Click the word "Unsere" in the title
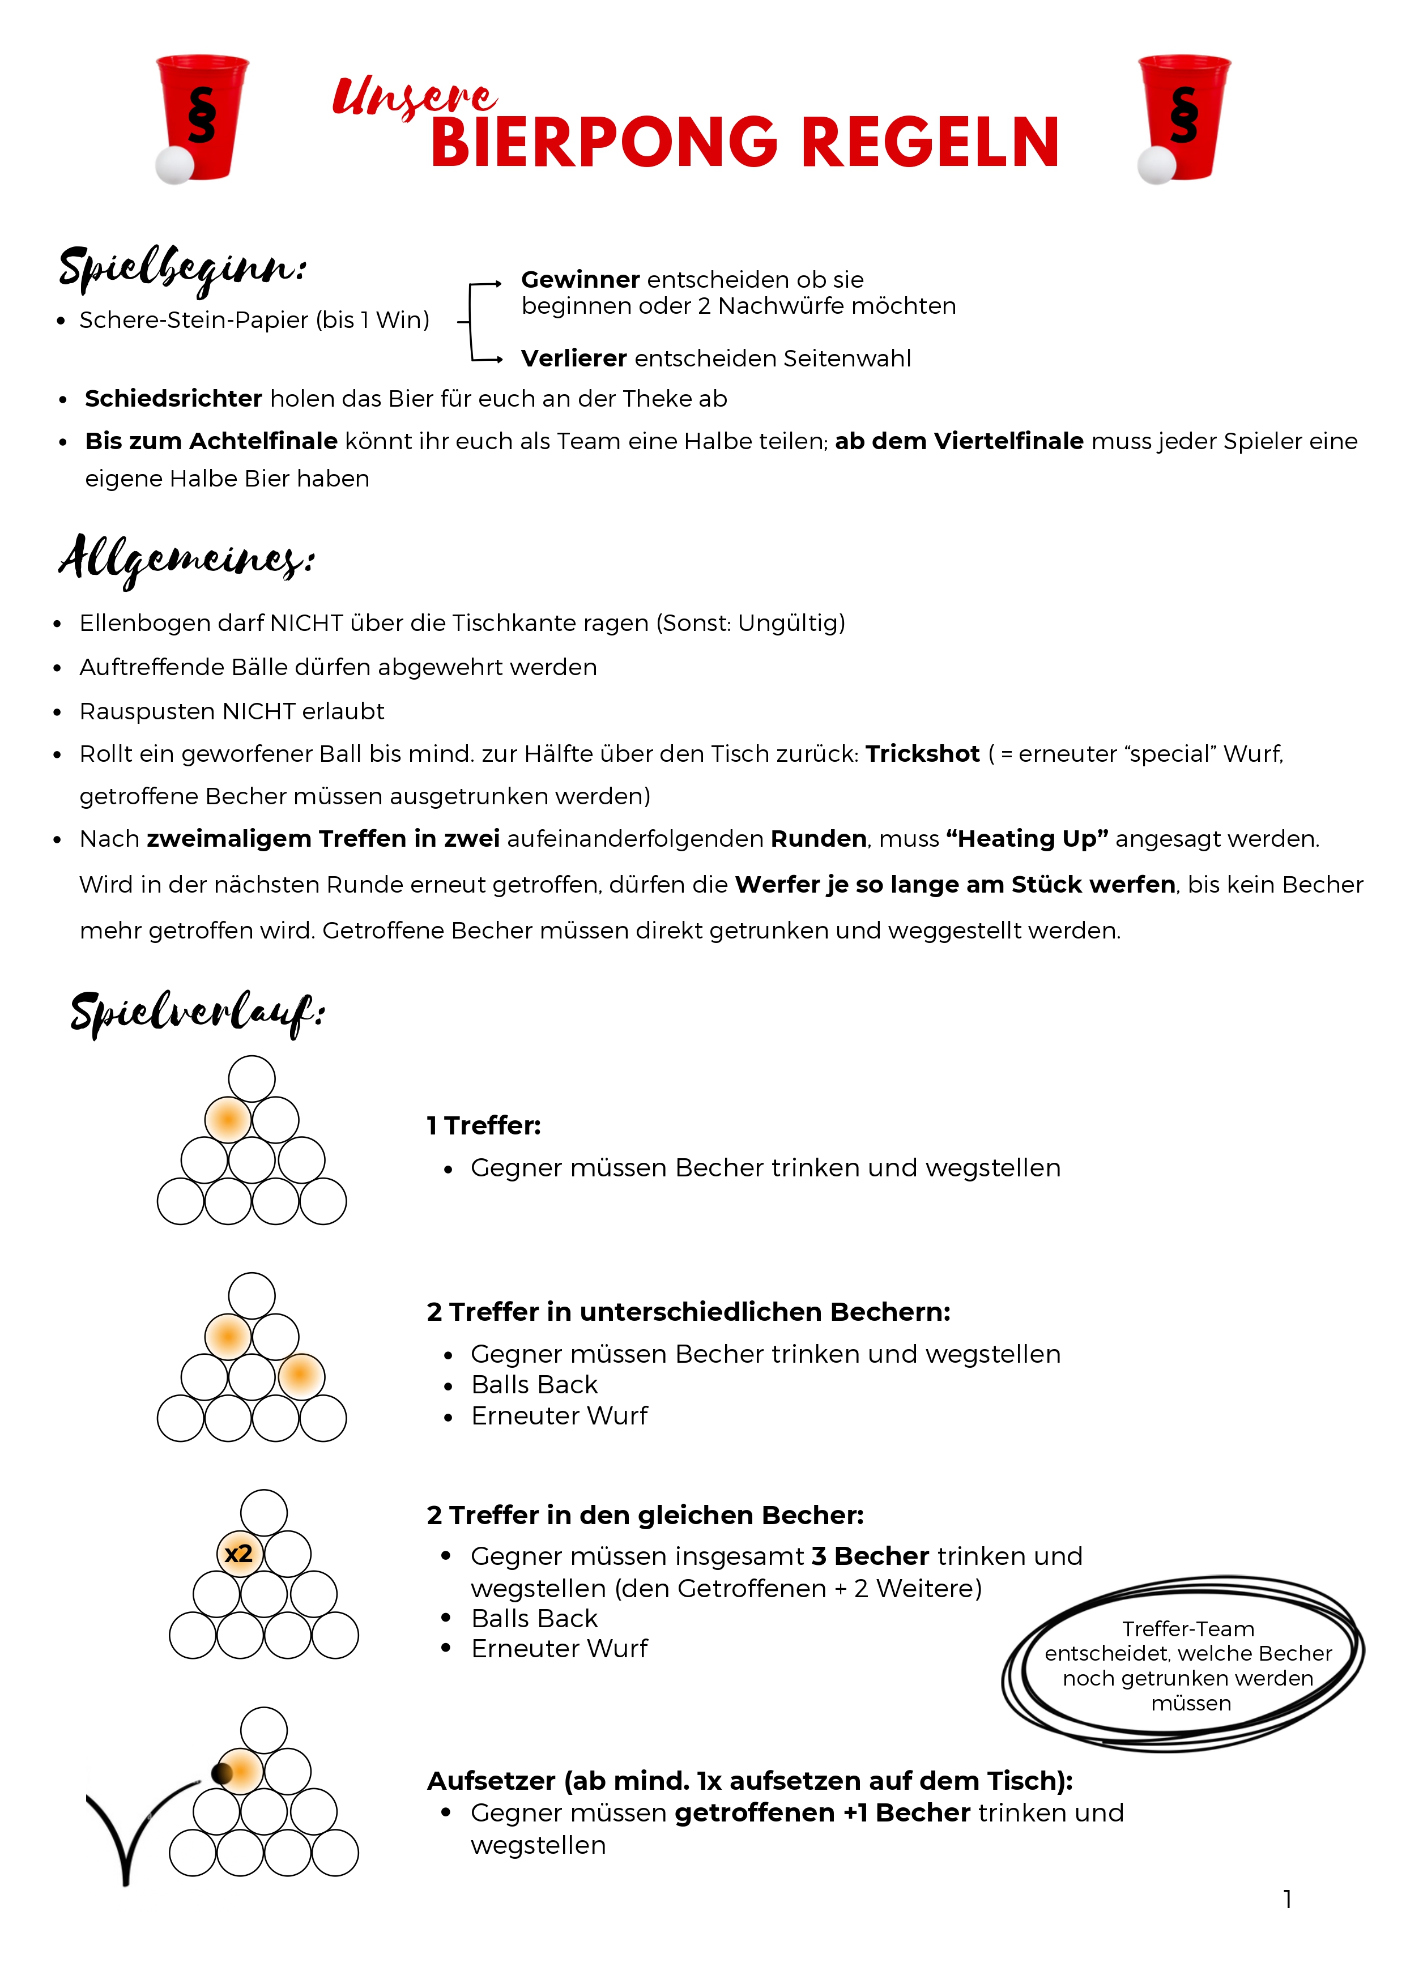tap(414, 97)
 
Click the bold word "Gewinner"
tap(580, 280)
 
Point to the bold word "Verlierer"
tap(573, 359)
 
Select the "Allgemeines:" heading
tap(186, 558)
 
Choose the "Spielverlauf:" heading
tap(197, 1013)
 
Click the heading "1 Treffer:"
tap(483, 1125)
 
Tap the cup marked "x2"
tap(239, 1554)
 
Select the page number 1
tap(1288, 1900)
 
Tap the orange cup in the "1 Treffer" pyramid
tap(228, 1120)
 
